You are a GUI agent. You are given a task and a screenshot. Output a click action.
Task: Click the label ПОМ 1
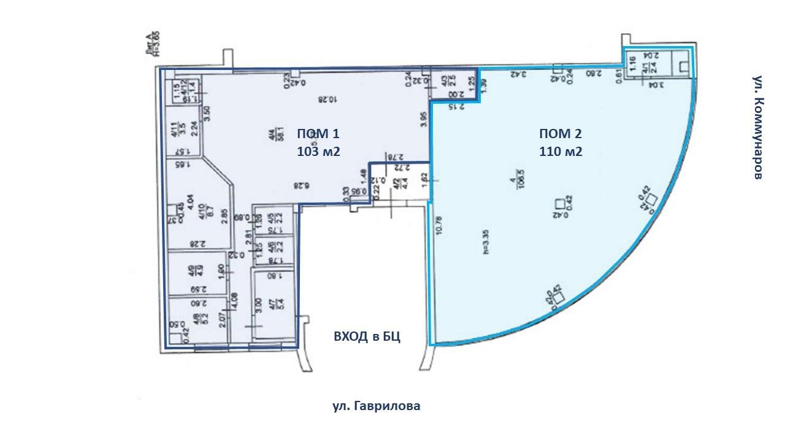point(318,134)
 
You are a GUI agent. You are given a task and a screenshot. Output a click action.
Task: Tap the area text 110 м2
point(561,151)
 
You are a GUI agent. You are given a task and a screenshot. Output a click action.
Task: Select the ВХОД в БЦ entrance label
point(367,336)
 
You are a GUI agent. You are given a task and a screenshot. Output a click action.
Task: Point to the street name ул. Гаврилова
point(376,406)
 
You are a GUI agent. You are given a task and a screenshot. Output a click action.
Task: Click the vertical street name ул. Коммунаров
point(757,128)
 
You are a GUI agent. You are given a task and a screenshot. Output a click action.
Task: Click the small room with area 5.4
point(274,303)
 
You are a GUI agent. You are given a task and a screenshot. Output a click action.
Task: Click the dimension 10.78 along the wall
point(438,229)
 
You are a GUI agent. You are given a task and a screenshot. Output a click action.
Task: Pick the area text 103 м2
point(318,151)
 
